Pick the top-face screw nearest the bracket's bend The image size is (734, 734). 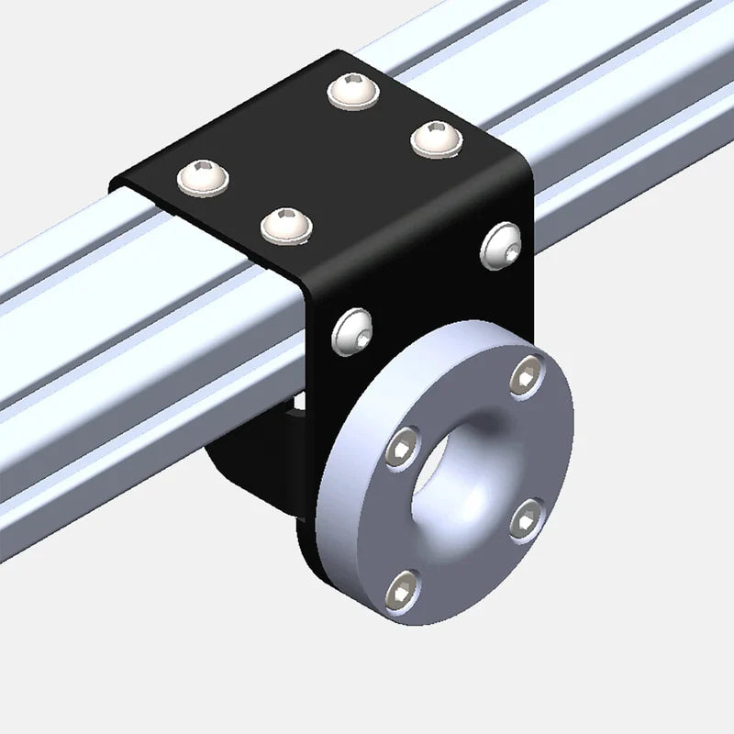(x=285, y=225)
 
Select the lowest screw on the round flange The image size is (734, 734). (x=403, y=590)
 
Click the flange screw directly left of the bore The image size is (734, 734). (x=402, y=449)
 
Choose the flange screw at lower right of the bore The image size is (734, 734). (x=526, y=519)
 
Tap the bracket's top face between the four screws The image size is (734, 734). (x=317, y=156)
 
